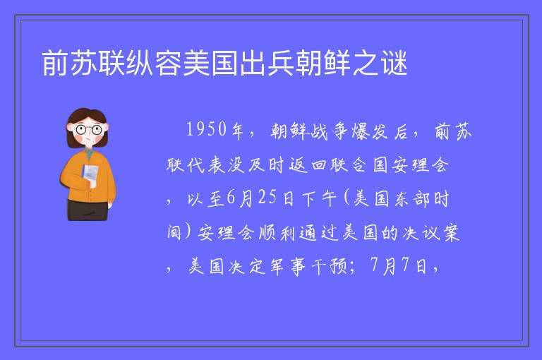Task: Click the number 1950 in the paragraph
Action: [207, 130]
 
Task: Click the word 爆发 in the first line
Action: [369, 131]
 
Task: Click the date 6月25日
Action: [260, 198]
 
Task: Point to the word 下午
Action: [319, 199]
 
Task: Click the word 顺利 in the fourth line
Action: [277, 233]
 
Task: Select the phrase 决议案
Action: [430, 233]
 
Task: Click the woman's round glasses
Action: [88, 130]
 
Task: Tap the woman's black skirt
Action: [88, 210]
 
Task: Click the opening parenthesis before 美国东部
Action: [347, 199]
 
